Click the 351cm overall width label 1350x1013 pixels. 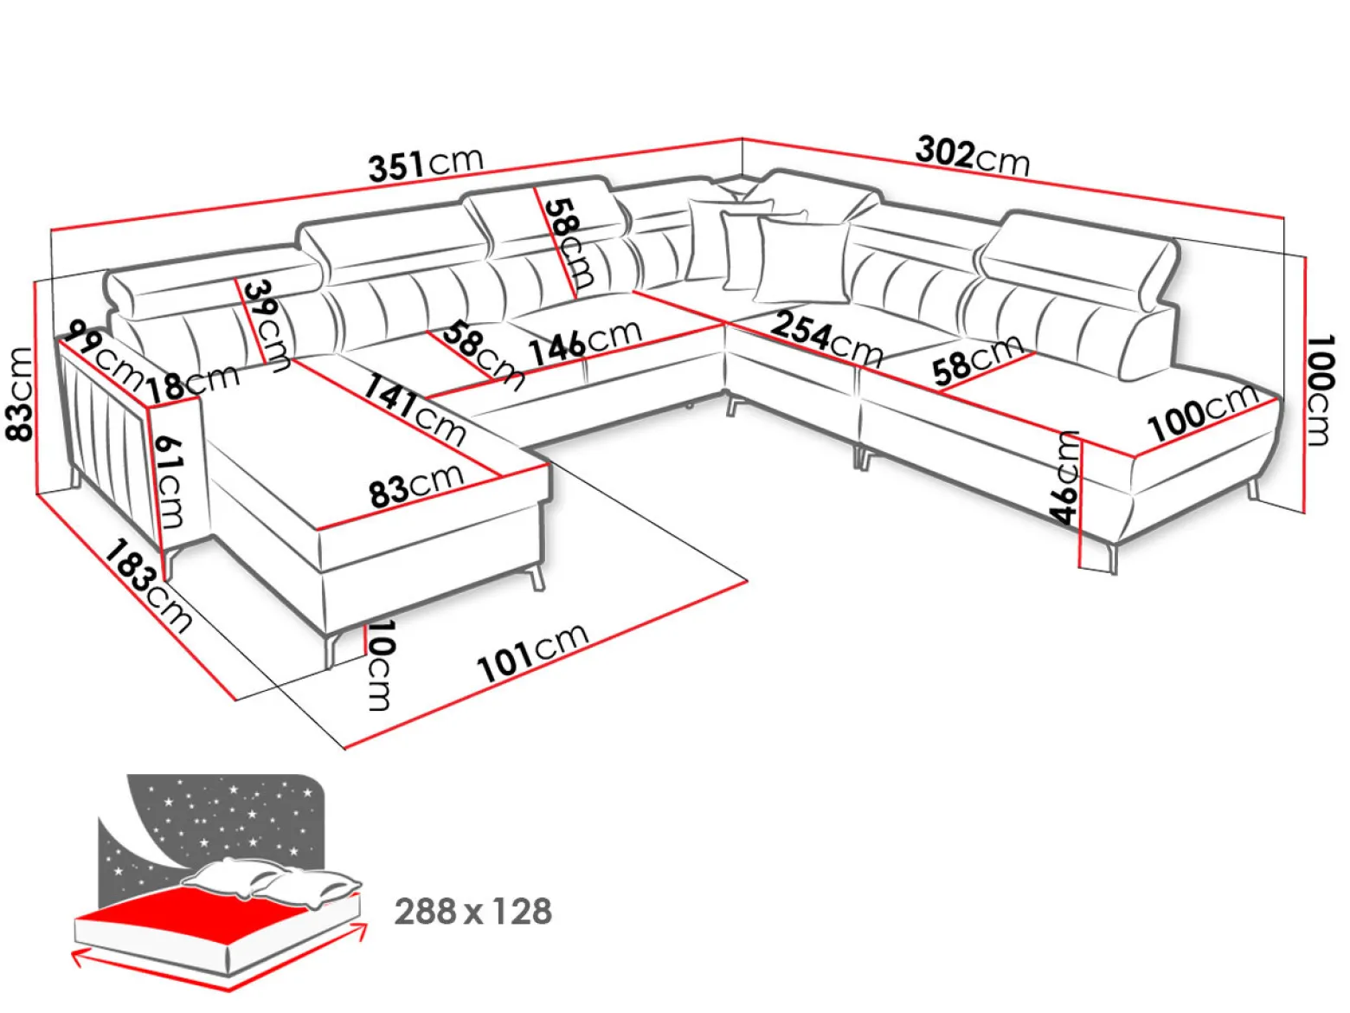coord(427,164)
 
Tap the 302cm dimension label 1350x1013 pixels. coord(973,156)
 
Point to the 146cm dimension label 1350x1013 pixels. coord(585,343)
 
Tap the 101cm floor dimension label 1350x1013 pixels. coord(532,653)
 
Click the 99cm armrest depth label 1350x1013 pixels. coord(104,356)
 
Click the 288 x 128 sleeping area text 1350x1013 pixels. coord(473,912)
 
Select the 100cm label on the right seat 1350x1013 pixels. coord(1202,412)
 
